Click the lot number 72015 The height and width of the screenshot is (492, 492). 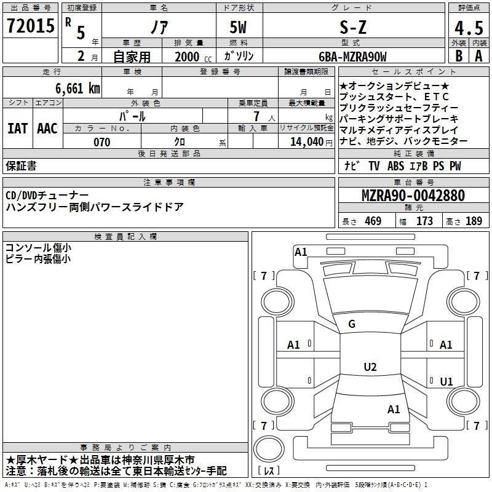[30, 26]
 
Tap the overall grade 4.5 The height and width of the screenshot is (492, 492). [469, 28]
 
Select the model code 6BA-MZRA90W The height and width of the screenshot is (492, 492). [352, 57]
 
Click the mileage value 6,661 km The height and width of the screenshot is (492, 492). [78, 89]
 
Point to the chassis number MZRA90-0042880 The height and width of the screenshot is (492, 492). [413, 196]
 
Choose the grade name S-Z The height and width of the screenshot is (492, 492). [353, 27]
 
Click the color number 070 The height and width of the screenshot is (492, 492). [102, 142]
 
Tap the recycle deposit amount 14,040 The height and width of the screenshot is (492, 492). [307, 142]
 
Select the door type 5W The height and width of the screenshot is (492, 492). [238, 27]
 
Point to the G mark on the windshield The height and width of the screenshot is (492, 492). [352, 324]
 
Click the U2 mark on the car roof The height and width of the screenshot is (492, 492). [370, 367]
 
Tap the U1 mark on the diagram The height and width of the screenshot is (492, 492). [446, 381]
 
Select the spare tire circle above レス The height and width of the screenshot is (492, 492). [269, 449]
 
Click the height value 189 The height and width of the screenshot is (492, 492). [474, 221]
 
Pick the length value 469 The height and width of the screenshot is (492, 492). [373, 221]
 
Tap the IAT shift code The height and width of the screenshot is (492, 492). [17, 129]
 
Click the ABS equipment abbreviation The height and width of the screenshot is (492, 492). [395, 166]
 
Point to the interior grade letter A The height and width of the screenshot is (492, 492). [478, 56]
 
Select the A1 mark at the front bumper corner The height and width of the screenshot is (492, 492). [301, 252]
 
